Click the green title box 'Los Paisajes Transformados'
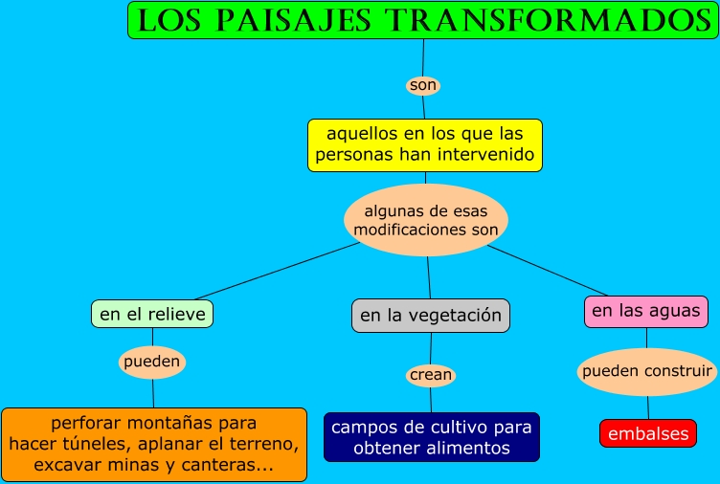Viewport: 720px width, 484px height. [x=422, y=20]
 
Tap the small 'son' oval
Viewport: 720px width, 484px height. [x=422, y=85]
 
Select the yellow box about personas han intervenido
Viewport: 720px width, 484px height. [x=425, y=144]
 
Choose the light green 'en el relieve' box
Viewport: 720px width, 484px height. [x=152, y=313]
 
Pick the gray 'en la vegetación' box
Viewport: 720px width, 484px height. [x=430, y=315]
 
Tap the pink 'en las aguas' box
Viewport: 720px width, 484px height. [x=645, y=311]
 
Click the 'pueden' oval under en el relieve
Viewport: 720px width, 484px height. [x=151, y=363]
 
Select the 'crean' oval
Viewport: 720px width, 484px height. [x=430, y=375]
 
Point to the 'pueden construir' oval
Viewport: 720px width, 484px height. [x=647, y=371]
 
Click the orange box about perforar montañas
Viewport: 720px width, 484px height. [x=153, y=444]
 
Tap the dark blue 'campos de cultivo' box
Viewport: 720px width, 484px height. [x=431, y=437]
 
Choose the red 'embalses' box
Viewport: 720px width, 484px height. [x=647, y=433]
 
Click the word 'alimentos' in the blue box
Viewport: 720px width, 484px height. [x=470, y=448]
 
